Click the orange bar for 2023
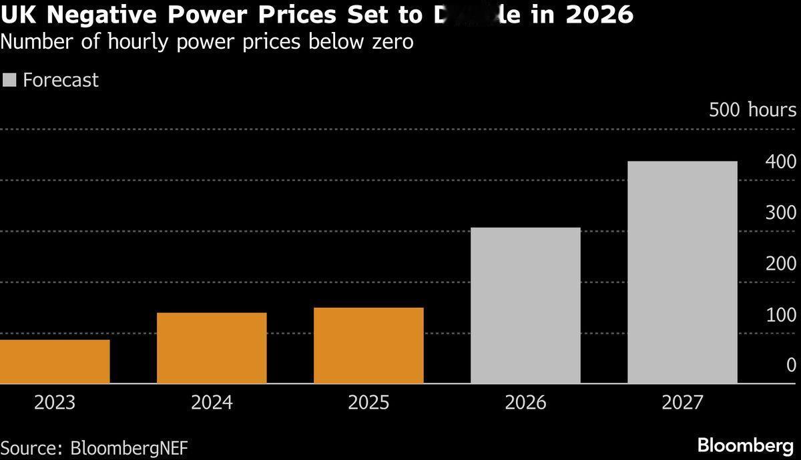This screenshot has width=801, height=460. coord(55,361)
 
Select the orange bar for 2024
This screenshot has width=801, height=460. coord(212,348)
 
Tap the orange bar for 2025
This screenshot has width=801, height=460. coord(368,345)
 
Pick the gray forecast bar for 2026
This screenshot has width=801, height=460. coord(525,305)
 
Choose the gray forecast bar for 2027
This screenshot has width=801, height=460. coord(682,272)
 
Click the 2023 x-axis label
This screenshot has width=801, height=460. coord(55,403)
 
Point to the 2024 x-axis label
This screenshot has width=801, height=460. coord(212,403)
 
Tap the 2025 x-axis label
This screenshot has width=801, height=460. coord(368,403)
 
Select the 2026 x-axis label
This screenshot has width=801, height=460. coord(525,403)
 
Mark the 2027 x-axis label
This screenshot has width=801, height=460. coord(682,403)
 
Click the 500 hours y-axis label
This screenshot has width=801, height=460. coord(752,110)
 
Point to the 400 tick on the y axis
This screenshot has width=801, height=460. coord(780,162)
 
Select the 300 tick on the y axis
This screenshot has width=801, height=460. coord(780,213)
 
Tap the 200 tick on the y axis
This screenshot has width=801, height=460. coord(780,264)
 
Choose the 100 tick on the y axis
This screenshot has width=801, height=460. coord(780,314)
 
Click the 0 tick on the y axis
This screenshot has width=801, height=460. coord(791,365)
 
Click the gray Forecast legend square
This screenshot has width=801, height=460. coord(9,81)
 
